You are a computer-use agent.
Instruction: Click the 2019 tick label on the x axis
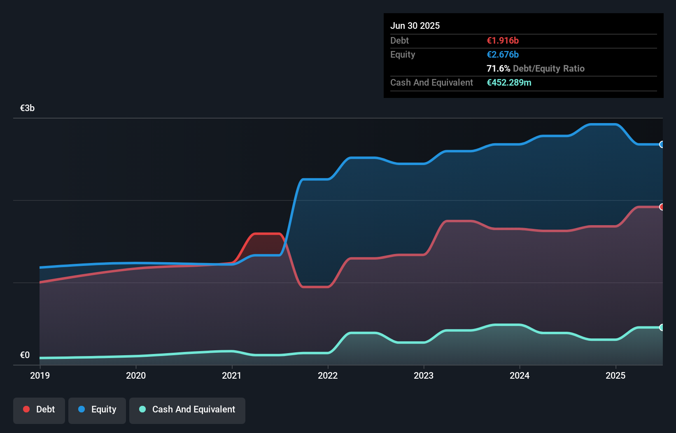(x=40, y=375)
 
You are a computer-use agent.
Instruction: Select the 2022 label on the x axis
(x=328, y=375)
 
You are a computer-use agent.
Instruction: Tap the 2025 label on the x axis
(x=615, y=375)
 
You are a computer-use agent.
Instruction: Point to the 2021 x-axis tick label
(x=232, y=375)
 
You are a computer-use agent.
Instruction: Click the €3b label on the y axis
(x=27, y=108)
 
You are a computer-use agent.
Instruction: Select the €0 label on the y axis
(x=25, y=355)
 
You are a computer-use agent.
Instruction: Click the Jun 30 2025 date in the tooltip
(x=415, y=26)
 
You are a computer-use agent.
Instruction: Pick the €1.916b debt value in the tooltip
(x=503, y=40)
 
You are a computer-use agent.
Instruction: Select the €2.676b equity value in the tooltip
(x=503, y=54)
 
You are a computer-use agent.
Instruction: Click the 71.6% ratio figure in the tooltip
(x=498, y=68)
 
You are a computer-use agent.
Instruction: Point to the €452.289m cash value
(x=509, y=82)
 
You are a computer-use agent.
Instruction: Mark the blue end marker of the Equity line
(x=662, y=144)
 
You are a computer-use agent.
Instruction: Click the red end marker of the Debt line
(x=662, y=207)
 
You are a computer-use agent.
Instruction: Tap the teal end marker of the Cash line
(x=662, y=328)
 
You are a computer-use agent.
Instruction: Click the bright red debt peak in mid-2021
(x=267, y=234)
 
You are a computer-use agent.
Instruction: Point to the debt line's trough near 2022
(x=315, y=287)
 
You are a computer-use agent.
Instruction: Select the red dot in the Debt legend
(x=26, y=409)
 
